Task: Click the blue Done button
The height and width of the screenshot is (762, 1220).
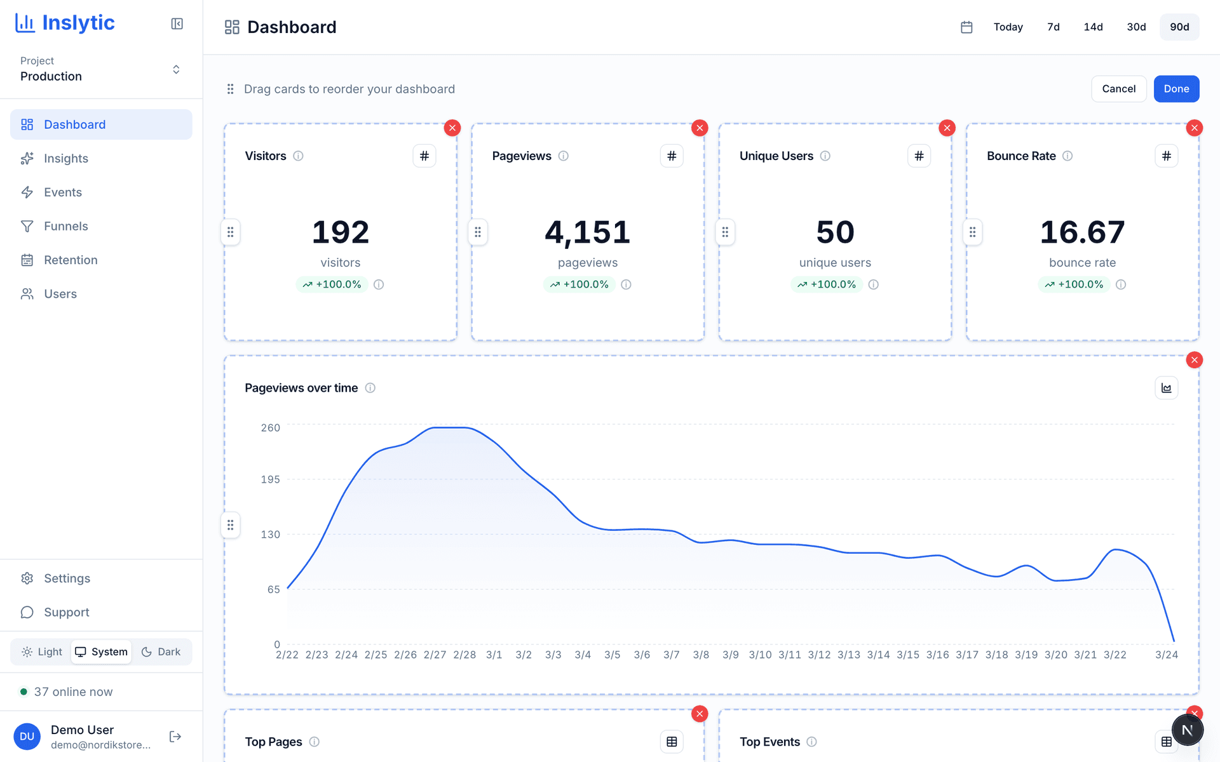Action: click(x=1176, y=89)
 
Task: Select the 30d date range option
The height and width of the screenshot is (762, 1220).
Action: click(x=1136, y=27)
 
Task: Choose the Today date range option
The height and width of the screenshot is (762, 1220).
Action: click(x=1008, y=27)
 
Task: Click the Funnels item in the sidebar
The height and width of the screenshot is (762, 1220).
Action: click(x=65, y=226)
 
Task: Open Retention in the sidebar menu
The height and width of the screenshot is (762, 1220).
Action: click(x=71, y=260)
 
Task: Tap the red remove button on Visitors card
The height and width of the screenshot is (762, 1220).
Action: click(x=452, y=128)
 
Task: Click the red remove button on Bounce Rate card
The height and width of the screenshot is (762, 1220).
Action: click(x=1194, y=128)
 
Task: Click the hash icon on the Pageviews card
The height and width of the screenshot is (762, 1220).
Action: click(x=672, y=156)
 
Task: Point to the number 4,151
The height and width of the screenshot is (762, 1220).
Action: click(x=588, y=232)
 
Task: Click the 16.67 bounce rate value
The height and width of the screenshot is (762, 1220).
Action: click(x=1082, y=232)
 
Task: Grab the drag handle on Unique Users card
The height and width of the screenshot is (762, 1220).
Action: click(x=725, y=232)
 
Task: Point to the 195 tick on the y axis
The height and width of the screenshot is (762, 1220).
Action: click(x=270, y=479)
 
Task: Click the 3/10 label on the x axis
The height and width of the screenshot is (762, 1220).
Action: click(x=760, y=655)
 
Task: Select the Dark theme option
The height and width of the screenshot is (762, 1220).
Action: click(x=161, y=652)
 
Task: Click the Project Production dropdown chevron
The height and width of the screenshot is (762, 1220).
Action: click(x=176, y=69)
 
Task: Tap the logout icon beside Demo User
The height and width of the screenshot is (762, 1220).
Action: click(x=175, y=737)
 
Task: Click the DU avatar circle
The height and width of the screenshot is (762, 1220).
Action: click(x=27, y=737)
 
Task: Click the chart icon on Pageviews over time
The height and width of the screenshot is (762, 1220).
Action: click(x=1166, y=388)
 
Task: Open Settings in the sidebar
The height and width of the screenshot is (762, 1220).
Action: click(x=67, y=578)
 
